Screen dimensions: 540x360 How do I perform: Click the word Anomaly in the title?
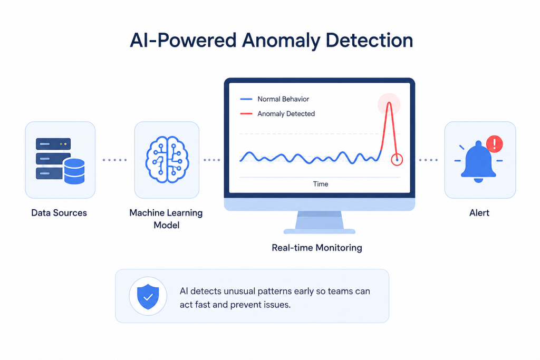(281, 41)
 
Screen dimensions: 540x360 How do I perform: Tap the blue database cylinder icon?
(74, 171)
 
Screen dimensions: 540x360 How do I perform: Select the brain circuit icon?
(167, 159)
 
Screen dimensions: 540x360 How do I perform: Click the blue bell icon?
(478, 161)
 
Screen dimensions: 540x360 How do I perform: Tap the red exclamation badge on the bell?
(495, 143)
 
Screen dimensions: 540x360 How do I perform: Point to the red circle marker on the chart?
(397, 160)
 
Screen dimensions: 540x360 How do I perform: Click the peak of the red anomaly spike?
(389, 103)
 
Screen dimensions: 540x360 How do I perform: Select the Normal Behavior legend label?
(283, 99)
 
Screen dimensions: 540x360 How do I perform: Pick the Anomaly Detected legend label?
(286, 113)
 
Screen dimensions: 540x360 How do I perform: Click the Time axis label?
(320, 184)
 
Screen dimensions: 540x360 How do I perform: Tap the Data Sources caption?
(59, 213)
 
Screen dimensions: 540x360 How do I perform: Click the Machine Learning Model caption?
(166, 219)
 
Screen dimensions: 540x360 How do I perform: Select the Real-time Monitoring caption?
(317, 248)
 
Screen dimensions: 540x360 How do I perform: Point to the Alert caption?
(479, 213)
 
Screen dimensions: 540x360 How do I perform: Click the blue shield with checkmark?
(148, 296)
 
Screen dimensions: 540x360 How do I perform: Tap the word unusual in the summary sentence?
(243, 291)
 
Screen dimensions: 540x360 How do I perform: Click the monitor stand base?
(319, 231)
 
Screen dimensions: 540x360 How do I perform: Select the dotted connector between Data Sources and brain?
(114, 160)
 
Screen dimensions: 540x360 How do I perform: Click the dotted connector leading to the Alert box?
(428, 160)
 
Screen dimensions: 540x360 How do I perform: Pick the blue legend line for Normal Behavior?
(246, 99)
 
